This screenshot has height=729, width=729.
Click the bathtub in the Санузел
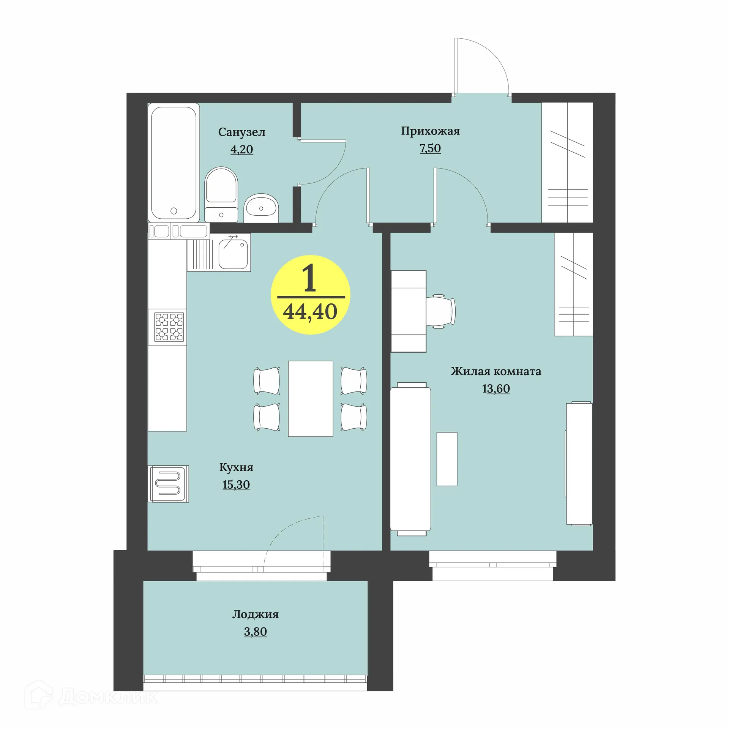pyautogui.click(x=174, y=163)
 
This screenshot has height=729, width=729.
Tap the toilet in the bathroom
pyautogui.click(x=221, y=194)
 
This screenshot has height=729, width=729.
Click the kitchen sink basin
pyautogui.click(x=233, y=251)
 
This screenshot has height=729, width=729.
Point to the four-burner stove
pyautogui.click(x=169, y=327)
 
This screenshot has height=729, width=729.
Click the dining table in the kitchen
pyautogui.click(x=310, y=398)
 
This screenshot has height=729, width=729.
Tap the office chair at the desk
pyautogui.click(x=440, y=311)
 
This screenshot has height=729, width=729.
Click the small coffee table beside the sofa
pyautogui.click(x=447, y=459)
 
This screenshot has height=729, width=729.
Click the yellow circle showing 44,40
pyautogui.click(x=310, y=295)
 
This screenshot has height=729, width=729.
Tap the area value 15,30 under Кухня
pyautogui.click(x=236, y=484)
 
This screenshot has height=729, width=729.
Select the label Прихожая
pyautogui.click(x=430, y=131)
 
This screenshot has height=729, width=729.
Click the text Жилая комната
pyautogui.click(x=496, y=371)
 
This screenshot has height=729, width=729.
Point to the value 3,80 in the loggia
pyautogui.click(x=255, y=631)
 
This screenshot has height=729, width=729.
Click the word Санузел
pyautogui.click(x=241, y=133)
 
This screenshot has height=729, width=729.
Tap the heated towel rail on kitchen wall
pyautogui.click(x=169, y=484)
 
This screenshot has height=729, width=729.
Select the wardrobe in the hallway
pyautogui.click(x=567, y=163)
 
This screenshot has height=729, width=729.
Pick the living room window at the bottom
pyautogui.click(x=492, y=565)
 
